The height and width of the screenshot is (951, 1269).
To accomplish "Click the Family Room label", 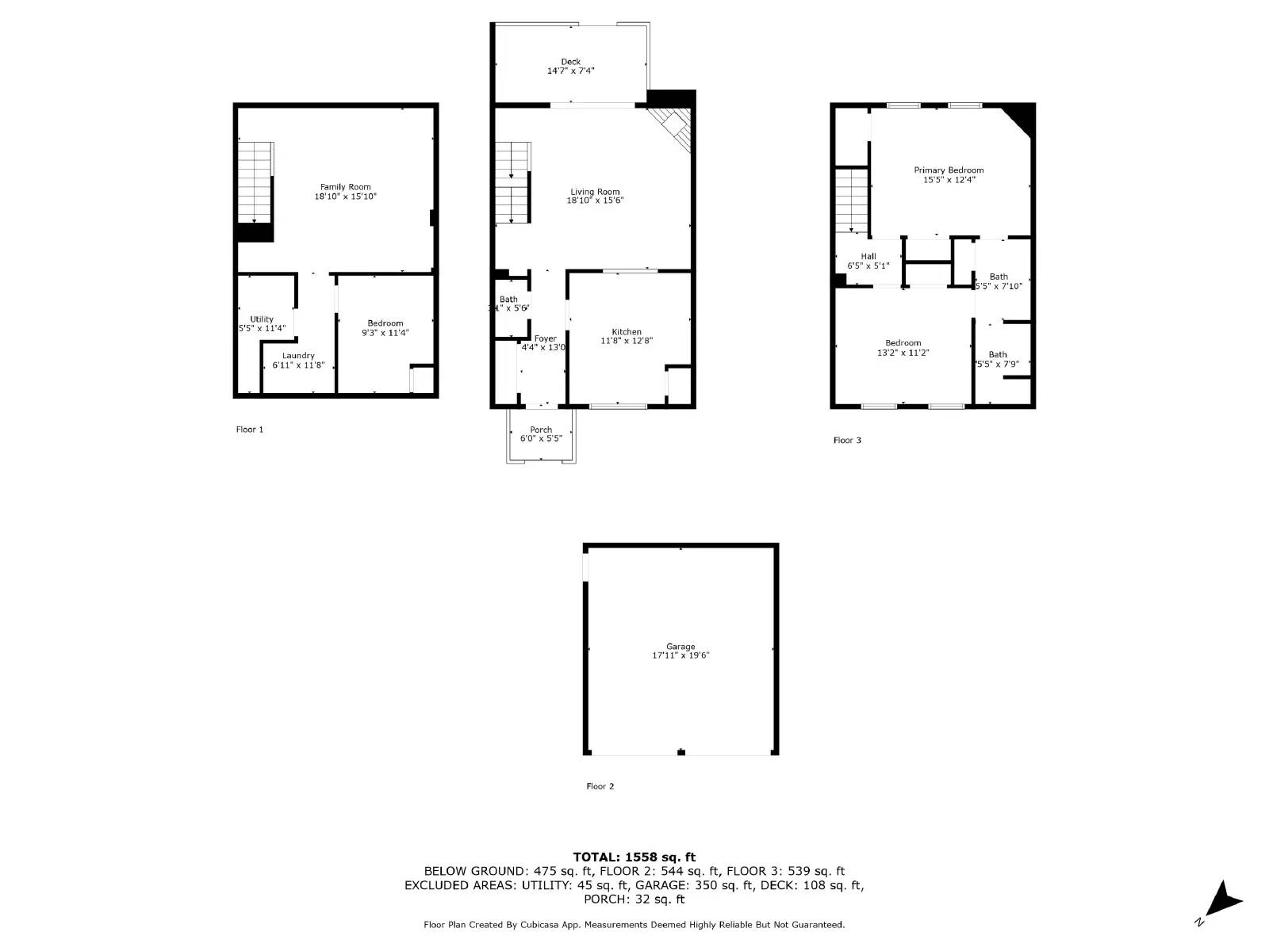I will click(345, 187).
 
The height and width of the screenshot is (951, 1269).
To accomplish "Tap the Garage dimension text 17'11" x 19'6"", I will click(681, 655).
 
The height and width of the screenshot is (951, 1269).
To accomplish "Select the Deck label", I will click(570, 62).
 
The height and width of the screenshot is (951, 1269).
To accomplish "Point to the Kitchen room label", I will click(626, 332).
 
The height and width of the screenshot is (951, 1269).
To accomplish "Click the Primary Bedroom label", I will click(949, 170).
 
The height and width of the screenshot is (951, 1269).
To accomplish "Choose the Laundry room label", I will click(298, 356).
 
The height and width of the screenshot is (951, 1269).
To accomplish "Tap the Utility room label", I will click(262, 319).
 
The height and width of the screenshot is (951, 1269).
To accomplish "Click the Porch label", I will click(541, 430).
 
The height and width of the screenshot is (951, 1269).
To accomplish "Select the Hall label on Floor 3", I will click(868, 257).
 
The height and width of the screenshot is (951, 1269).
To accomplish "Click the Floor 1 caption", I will click(249, 430).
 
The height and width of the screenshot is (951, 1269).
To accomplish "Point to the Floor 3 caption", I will click(847, 441).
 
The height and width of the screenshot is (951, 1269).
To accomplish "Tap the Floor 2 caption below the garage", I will click(600, 786).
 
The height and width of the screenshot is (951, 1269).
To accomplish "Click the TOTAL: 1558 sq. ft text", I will click(634, 857).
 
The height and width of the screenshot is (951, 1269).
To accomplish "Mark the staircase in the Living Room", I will click(512, 182).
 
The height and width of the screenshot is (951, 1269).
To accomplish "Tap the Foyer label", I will click(545, 339).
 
